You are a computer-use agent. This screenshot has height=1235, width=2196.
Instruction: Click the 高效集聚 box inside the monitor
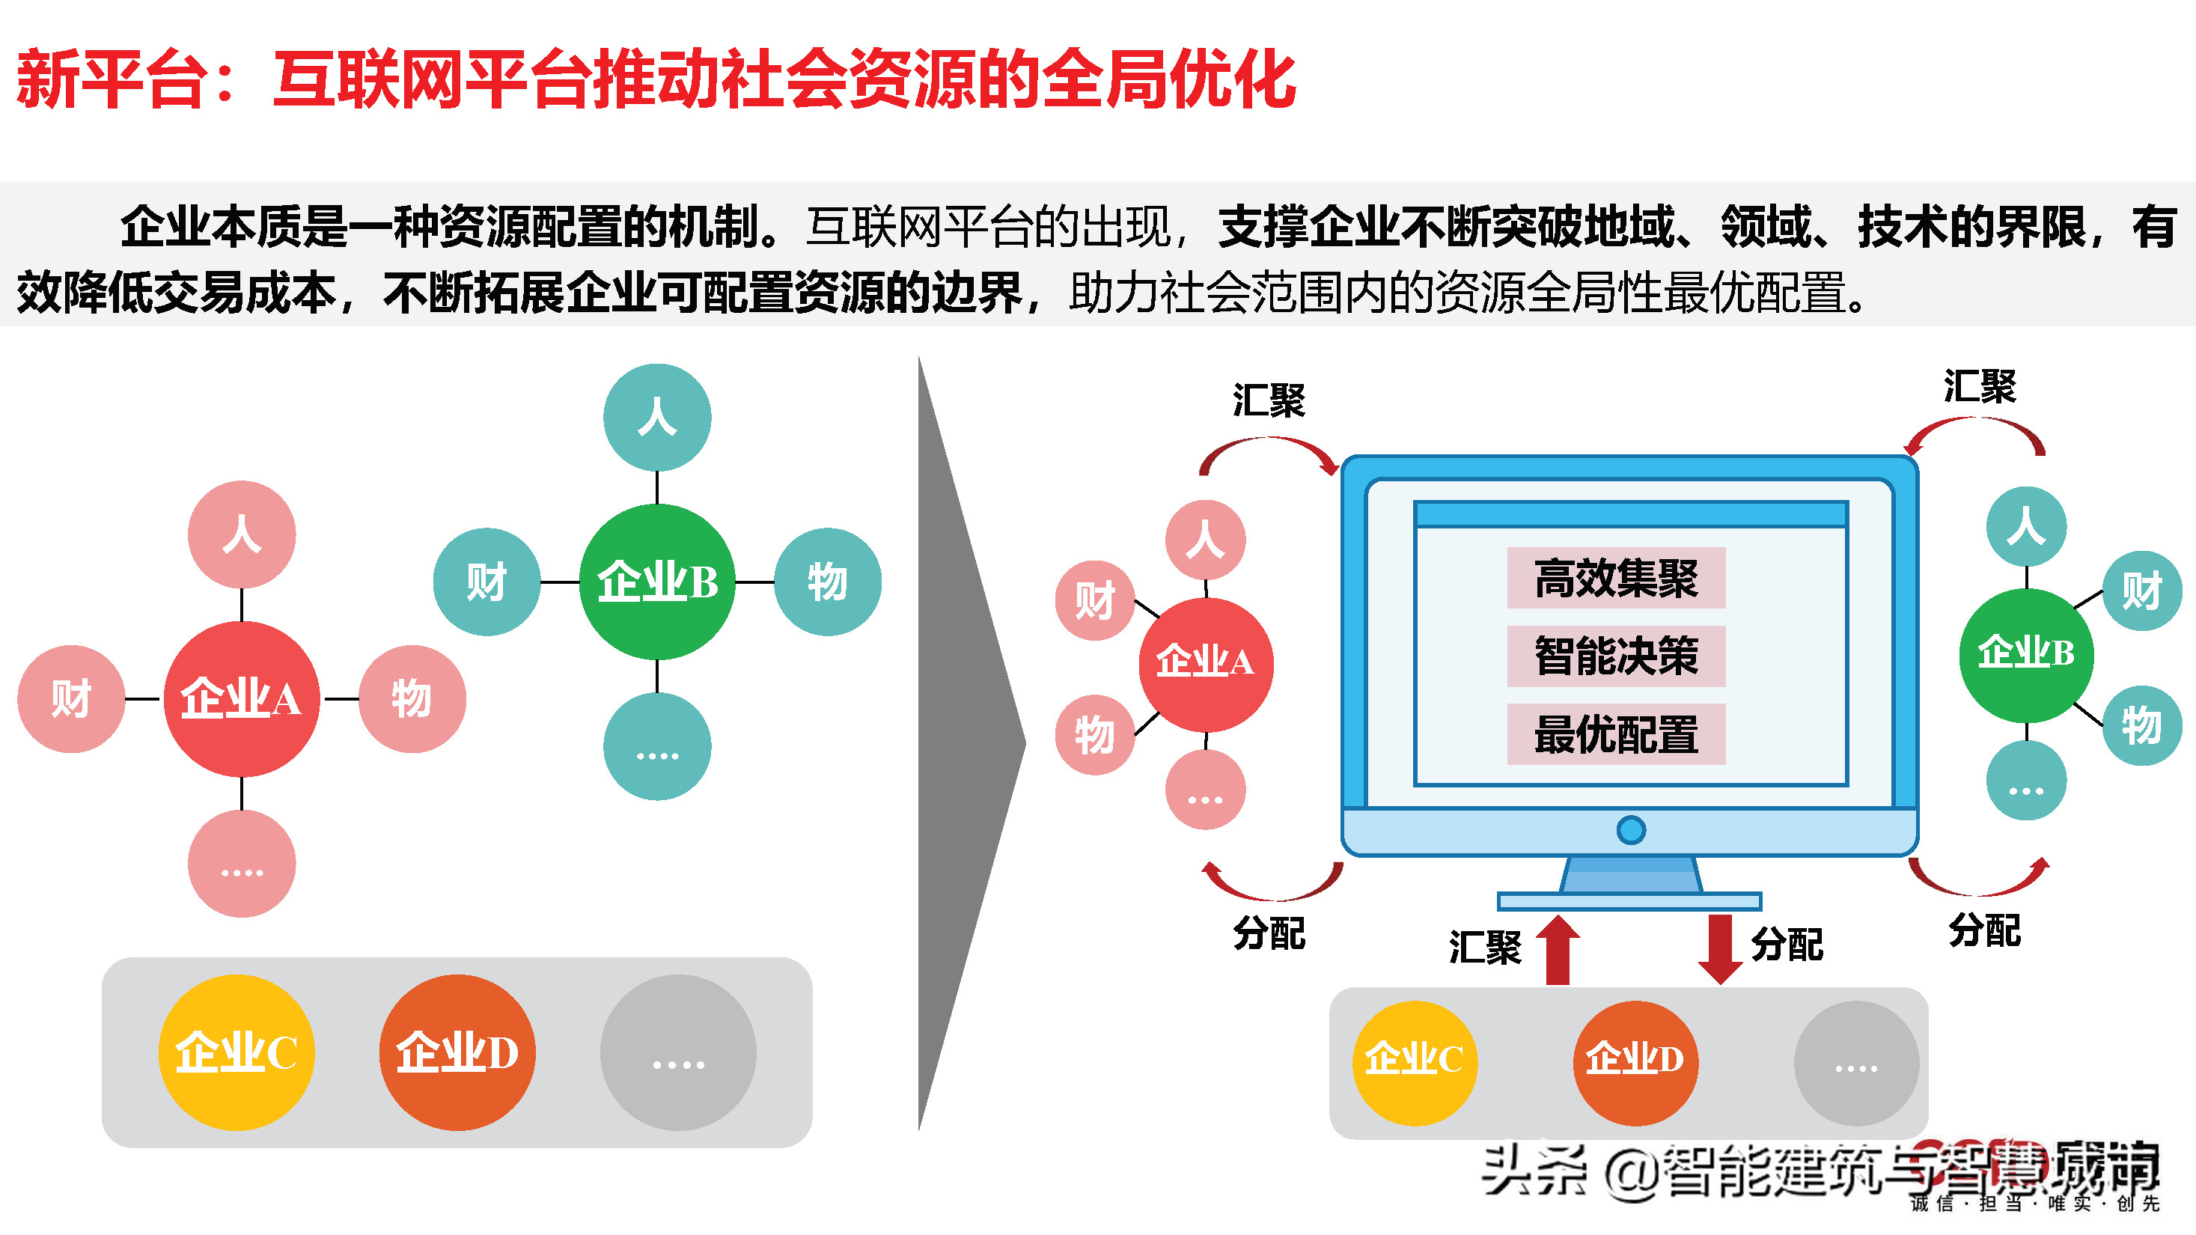1615,578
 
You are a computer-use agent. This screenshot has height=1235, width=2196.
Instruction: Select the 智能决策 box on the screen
1615,656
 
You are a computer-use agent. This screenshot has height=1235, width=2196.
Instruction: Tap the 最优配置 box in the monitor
1615,734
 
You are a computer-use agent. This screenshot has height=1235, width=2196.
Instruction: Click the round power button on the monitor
1630,829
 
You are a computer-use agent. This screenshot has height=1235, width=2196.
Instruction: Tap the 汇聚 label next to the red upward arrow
1484,947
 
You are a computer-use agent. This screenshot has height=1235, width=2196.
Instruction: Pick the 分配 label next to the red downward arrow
1787,945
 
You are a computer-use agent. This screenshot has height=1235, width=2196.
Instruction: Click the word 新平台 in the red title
111,79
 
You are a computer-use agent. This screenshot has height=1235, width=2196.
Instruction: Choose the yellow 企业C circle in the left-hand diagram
236,1052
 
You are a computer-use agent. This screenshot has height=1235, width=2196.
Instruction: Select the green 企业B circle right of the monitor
2025,653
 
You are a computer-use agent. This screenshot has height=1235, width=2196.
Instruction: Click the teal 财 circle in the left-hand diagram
486,582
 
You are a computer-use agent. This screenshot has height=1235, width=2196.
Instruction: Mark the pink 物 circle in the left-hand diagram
412,699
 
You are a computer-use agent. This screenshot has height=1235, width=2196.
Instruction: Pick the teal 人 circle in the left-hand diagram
656,418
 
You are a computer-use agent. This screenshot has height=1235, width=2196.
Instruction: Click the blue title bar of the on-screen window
1629,514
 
